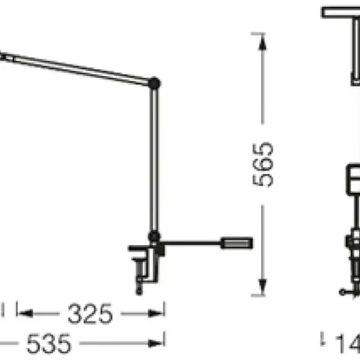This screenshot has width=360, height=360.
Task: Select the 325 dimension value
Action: pyautogui.click(x=90, y=313)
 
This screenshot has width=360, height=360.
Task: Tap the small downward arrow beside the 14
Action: pyautogui.click(x=324, y=337)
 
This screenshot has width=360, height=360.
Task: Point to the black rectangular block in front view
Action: pyautogui.click(x=349, y=181)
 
